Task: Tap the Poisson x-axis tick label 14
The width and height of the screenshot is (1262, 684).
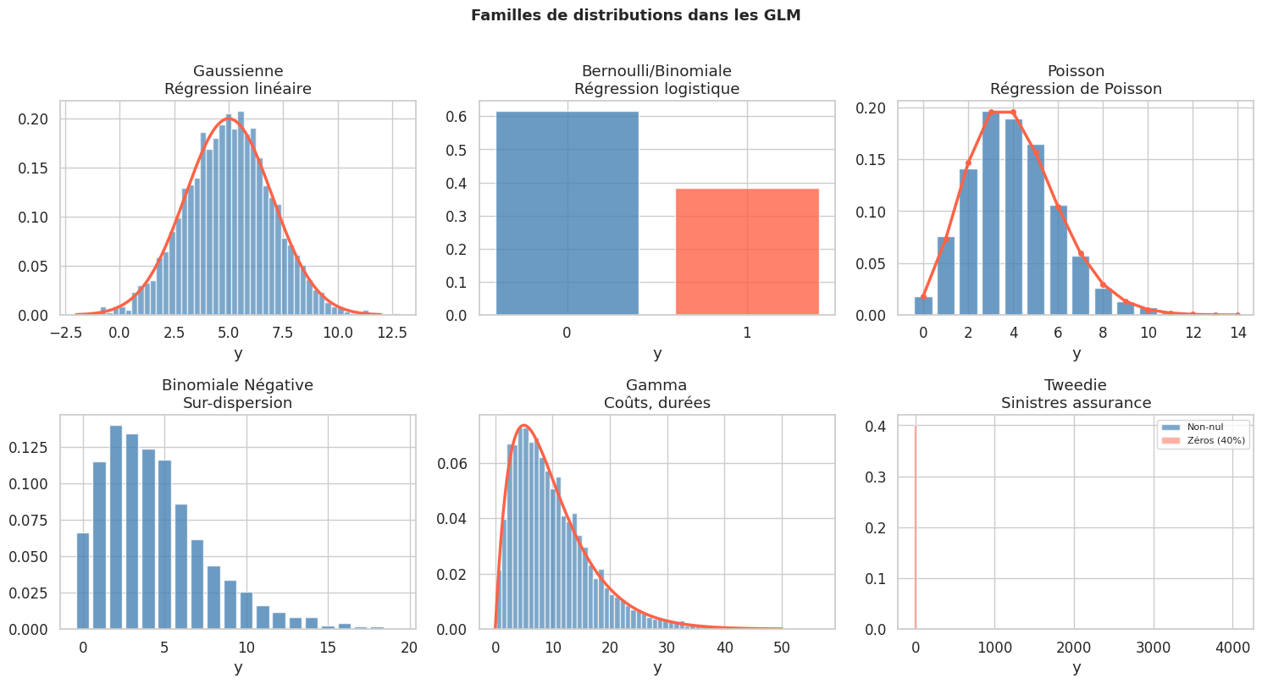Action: (1237, 333)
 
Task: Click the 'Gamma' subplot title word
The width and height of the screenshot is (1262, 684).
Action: (656, 385)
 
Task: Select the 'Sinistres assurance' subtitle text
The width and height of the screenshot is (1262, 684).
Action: (1077, 403)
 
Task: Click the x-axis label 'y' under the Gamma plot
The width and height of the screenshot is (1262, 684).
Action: (657, 667)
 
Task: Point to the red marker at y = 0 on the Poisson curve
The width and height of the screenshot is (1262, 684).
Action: (923, 296)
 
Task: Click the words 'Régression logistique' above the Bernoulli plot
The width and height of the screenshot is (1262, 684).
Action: (656, 89)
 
